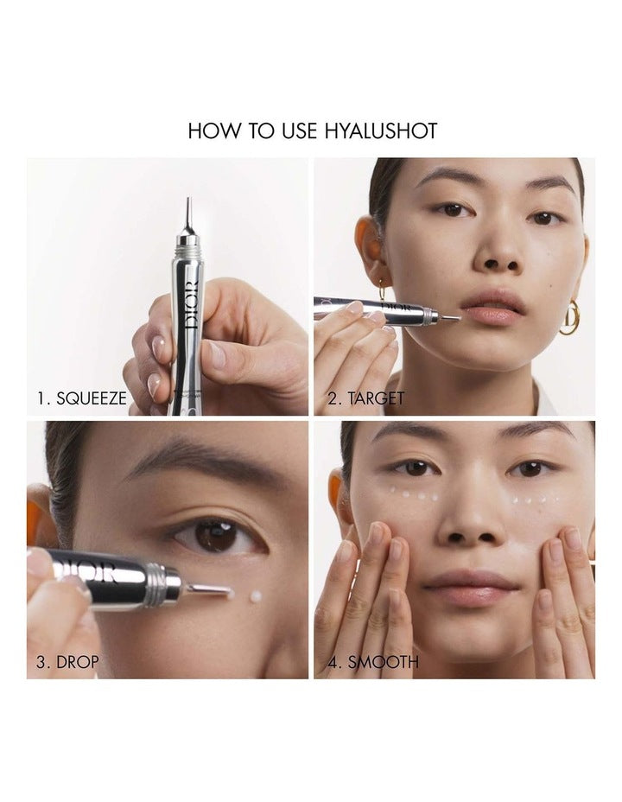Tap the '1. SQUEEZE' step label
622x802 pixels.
point(82,398)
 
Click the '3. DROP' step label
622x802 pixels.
point(67,663)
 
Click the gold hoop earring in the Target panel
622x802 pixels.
point(570,318)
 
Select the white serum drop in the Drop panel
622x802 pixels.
point(257,596)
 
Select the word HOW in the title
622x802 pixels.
point(208,130)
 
